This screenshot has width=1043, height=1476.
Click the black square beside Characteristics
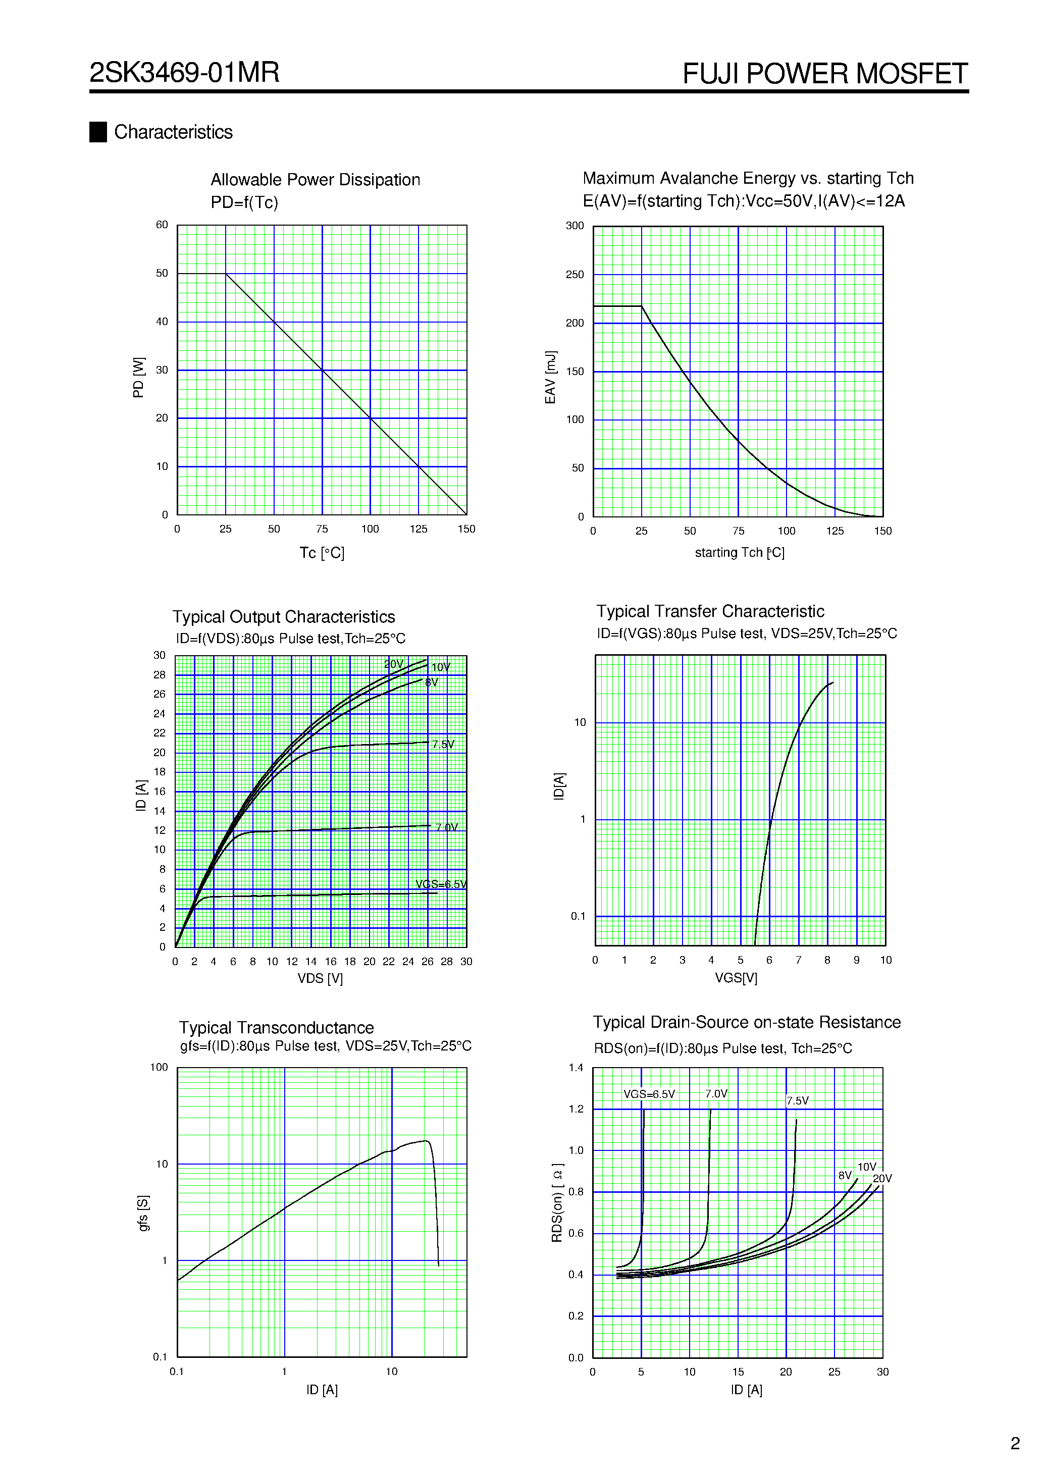(x=98, y=132)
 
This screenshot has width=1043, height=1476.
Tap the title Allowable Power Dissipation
(x=315, y=180)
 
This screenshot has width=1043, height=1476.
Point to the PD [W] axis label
(x=138, y=378)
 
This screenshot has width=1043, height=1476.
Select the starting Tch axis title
(x=739, y=553)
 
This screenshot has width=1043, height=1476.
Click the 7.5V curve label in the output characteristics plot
(x=443, y=745)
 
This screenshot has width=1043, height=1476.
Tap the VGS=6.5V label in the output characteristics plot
(x=441, y=884)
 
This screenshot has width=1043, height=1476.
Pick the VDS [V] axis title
(x=320, y=978)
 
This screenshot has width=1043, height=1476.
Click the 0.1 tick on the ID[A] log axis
(x=578, y=916)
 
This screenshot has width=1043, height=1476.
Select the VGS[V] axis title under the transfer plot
(x=736, y=978)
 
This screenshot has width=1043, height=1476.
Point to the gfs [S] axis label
(x=143, y=1213)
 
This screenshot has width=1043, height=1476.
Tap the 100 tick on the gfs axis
(x=159, y=1067)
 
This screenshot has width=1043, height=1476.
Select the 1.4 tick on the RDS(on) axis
(x=576, y=1068)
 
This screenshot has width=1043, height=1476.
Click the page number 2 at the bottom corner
(x=1015, y=1443)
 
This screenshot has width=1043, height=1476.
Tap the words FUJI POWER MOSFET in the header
(x=824, y=74)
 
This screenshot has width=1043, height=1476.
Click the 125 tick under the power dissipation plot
(x=418, y=529)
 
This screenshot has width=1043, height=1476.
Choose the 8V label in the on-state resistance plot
(x=844, y=1175)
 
